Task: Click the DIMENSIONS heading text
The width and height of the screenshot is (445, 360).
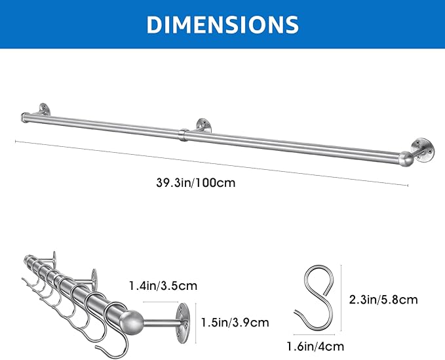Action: coord(223,24)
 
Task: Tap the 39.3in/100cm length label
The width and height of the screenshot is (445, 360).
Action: coord(196,182)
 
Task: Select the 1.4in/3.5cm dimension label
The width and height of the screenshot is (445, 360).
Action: coord(163,286)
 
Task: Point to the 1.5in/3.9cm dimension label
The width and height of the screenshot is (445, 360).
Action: coord(235,323)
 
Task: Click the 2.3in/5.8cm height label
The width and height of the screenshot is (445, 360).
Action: coord(383,300)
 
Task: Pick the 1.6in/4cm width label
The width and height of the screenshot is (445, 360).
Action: coord(315,347)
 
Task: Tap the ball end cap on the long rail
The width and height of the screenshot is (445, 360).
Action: coord(406,159)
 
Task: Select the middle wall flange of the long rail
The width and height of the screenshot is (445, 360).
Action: coord(203,125)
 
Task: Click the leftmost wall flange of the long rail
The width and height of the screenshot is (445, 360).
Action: coord(45,110)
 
